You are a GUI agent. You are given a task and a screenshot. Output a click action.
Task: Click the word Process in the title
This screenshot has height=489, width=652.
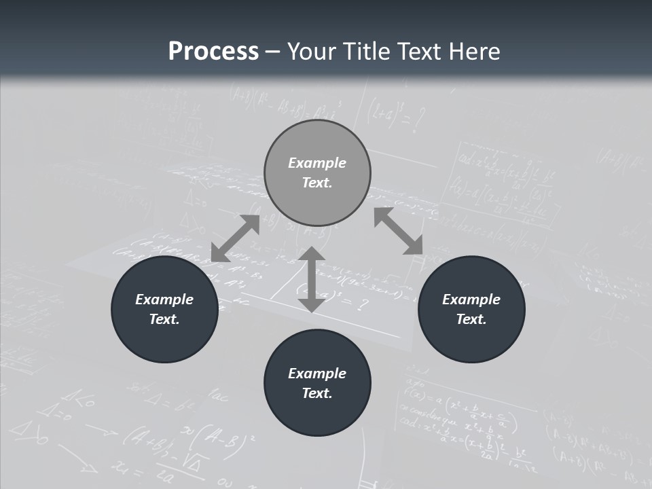[x=213, y=52]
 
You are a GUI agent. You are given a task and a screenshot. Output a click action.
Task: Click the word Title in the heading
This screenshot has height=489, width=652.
[x=364, y=52]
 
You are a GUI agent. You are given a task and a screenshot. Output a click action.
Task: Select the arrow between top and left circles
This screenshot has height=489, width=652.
[x=235, y=238]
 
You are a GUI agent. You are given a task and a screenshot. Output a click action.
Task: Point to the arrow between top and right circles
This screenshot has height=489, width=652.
[x=399, y=231]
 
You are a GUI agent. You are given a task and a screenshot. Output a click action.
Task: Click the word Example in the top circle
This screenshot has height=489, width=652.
[x=317, y=163]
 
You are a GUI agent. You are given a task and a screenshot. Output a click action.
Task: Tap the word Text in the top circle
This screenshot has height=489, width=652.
[x=316, y=183]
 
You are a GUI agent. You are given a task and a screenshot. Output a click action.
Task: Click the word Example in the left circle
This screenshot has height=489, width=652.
[x=164, y=300]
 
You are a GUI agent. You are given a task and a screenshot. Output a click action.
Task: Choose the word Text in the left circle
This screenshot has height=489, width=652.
[x=164, y=319]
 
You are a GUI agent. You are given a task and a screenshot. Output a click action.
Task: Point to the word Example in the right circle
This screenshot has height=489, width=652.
[x=471, y=300]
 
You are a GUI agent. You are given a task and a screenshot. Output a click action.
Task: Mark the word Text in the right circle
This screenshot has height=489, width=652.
[x=471, y=319]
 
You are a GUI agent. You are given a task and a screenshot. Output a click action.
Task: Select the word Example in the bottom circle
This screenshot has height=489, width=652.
[x=317, y=374]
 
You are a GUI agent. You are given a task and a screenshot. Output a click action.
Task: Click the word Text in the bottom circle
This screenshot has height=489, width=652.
[x=316, y=393]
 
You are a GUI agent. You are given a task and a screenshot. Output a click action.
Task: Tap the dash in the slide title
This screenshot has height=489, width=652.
[x=273, y=52]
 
